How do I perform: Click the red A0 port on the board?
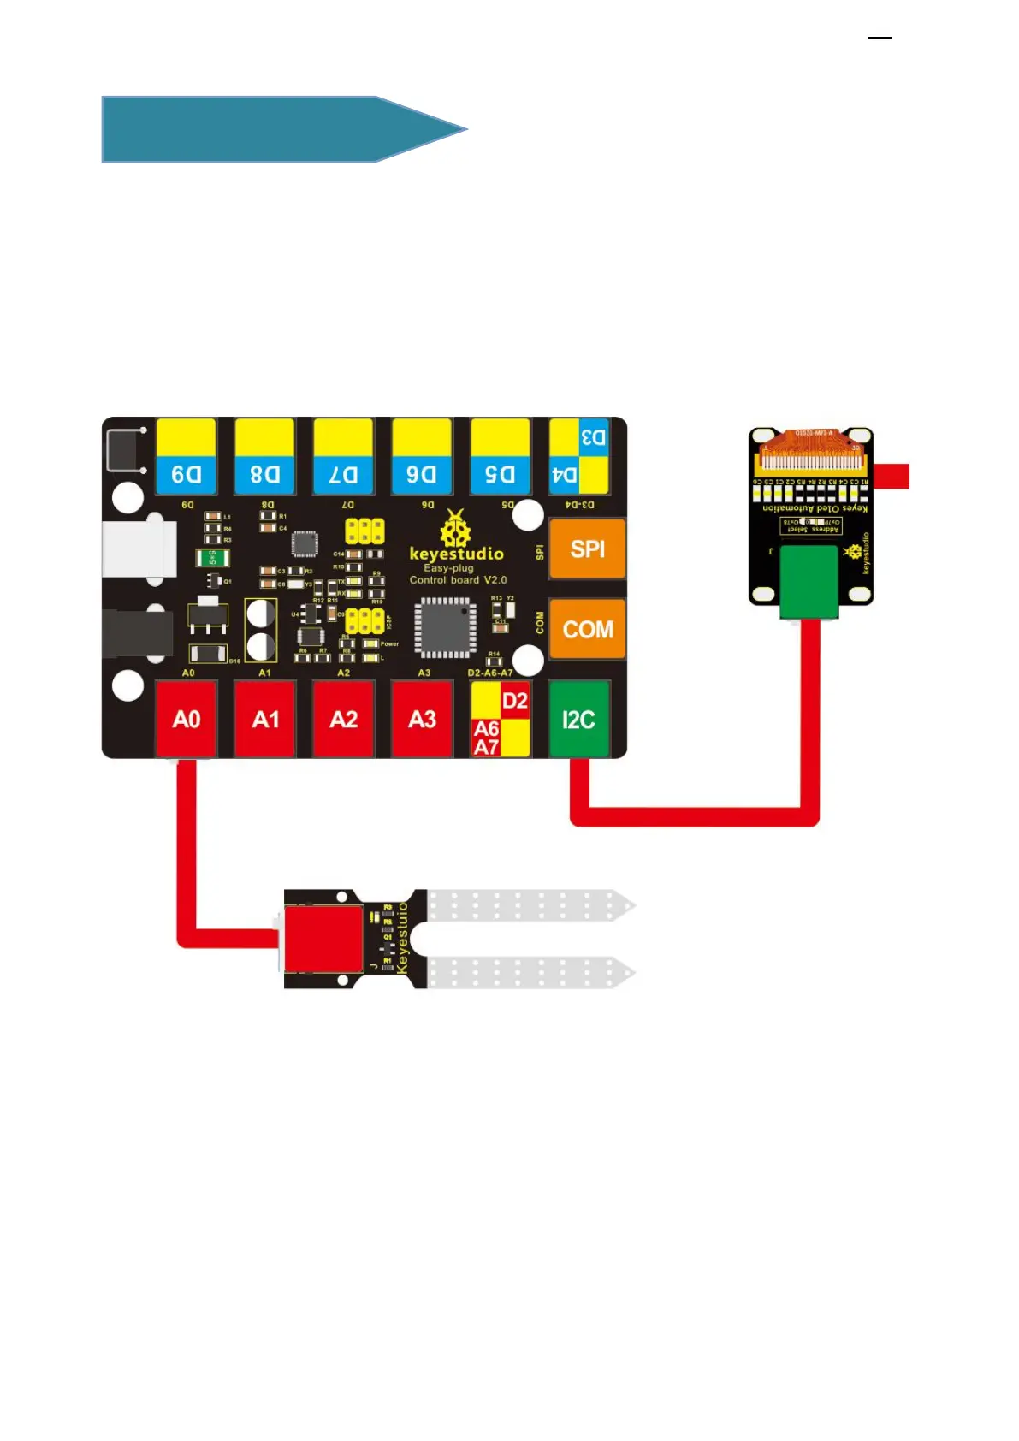(186, 719)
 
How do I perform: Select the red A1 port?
(265, 719)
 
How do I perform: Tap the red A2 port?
(343, 719)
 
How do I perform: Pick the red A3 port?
(422, 719)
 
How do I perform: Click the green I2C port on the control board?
(578, 719)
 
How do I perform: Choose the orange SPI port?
(587, 549)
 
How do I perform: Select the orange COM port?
(587, 629)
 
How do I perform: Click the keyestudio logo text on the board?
(456, 554)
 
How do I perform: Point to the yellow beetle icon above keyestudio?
(455, 529)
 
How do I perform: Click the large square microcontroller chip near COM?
(445, 627)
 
